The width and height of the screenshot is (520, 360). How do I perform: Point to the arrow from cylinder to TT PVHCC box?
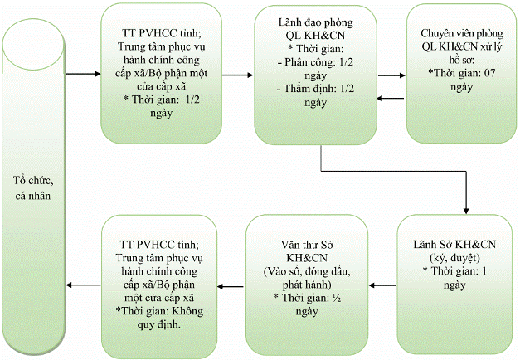click(84, 75)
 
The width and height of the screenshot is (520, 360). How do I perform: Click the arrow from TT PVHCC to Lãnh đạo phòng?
click(237, 75)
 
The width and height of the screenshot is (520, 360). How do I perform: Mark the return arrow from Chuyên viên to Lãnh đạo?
click(391, 99)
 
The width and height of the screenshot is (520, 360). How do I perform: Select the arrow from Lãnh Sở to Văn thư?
click(383, 286)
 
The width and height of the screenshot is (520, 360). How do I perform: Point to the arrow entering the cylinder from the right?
click(84, 286)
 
